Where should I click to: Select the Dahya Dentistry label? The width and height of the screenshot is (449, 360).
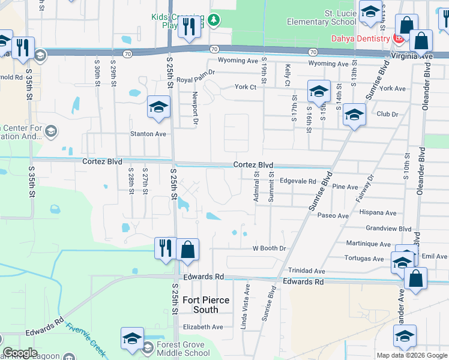coord(361,38)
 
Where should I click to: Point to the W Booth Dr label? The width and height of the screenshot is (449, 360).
coord(269,248)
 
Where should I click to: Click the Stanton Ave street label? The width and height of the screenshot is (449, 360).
coord(148,134)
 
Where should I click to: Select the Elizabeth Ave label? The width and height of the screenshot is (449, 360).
coord(203,327)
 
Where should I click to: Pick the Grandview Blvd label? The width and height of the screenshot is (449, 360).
coord(388,229)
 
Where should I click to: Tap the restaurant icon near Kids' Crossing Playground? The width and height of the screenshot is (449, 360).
coord(190,26)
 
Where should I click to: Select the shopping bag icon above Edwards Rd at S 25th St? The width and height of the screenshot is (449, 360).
coord(188,249)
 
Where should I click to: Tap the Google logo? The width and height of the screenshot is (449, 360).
coord(20,353)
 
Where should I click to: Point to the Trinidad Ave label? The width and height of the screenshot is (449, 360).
coord(306,271)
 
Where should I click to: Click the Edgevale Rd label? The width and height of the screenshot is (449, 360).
coord(298,181)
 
